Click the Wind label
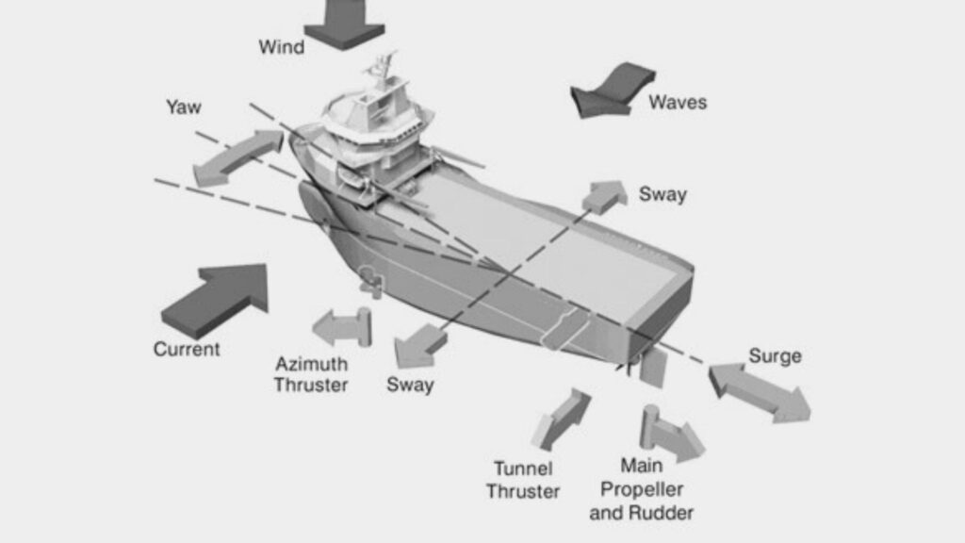click(x=281, y=47)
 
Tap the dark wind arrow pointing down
click(x=345, y=25)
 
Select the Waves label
click(x=678, y=102)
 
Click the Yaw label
click(x=184, y=107)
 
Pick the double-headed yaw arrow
click(x=237, y=158)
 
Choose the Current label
click(x=187, y=349)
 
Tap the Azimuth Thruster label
click(x=311, y=374)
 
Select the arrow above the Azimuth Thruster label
click(x=343, y=326)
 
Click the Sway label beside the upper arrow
click(x=662, y=194)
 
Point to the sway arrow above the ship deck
click(x=604, y=197)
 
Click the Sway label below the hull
click(x=410, y=385)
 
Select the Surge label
click(x=775, y=356)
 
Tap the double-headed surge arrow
click(x=760, y=392)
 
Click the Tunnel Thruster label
click(x=523, y=480)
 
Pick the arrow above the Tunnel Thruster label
click(x=561, y=420)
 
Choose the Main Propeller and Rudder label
click(x=641, y=489)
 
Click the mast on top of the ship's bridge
click(x=384, y=68)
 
